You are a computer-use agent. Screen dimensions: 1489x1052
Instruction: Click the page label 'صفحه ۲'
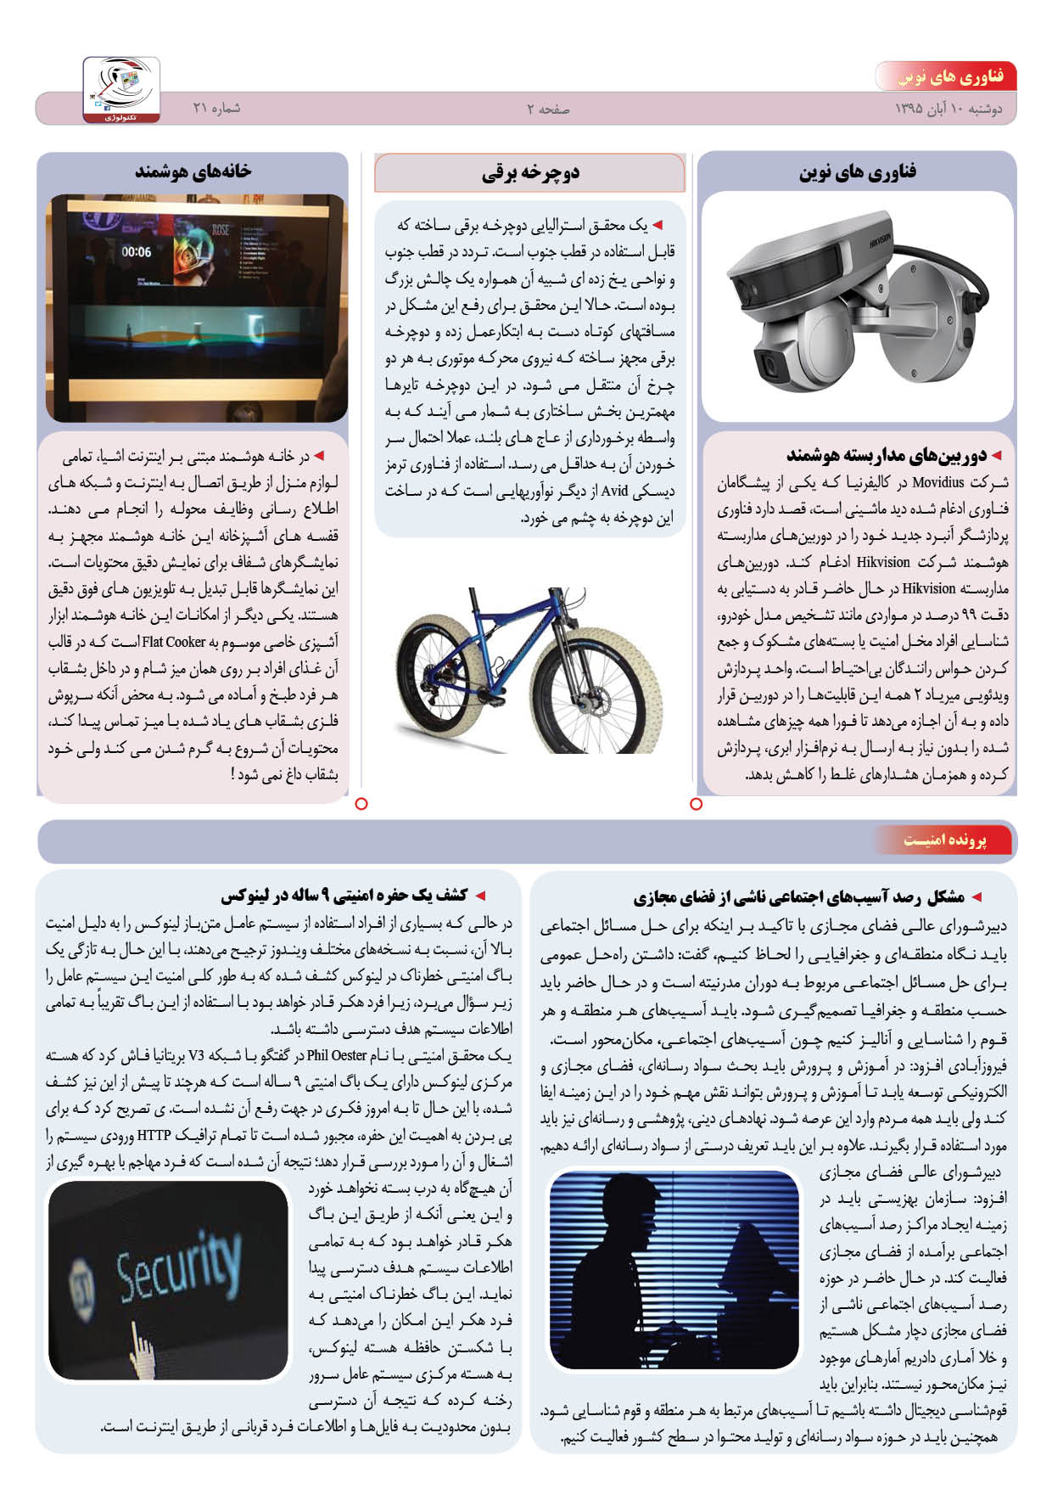point(548,110)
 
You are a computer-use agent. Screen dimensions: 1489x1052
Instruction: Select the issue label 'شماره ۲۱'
point(216,109)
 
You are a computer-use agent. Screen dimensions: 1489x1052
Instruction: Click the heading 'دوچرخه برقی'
point(530,174)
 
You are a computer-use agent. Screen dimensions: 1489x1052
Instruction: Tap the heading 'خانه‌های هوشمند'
point(193,171)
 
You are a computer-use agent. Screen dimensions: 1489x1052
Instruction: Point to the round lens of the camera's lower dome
point(768,368)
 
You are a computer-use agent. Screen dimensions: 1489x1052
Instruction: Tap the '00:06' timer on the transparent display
point(136,252)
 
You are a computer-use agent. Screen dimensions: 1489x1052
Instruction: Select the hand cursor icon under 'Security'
point(141,1346)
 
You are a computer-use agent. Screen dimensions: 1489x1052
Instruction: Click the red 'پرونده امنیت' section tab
point(945,840)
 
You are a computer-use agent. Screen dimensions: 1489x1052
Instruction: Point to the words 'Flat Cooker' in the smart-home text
point(174,642)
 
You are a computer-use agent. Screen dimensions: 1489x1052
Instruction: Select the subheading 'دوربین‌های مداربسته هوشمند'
point(887,457)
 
